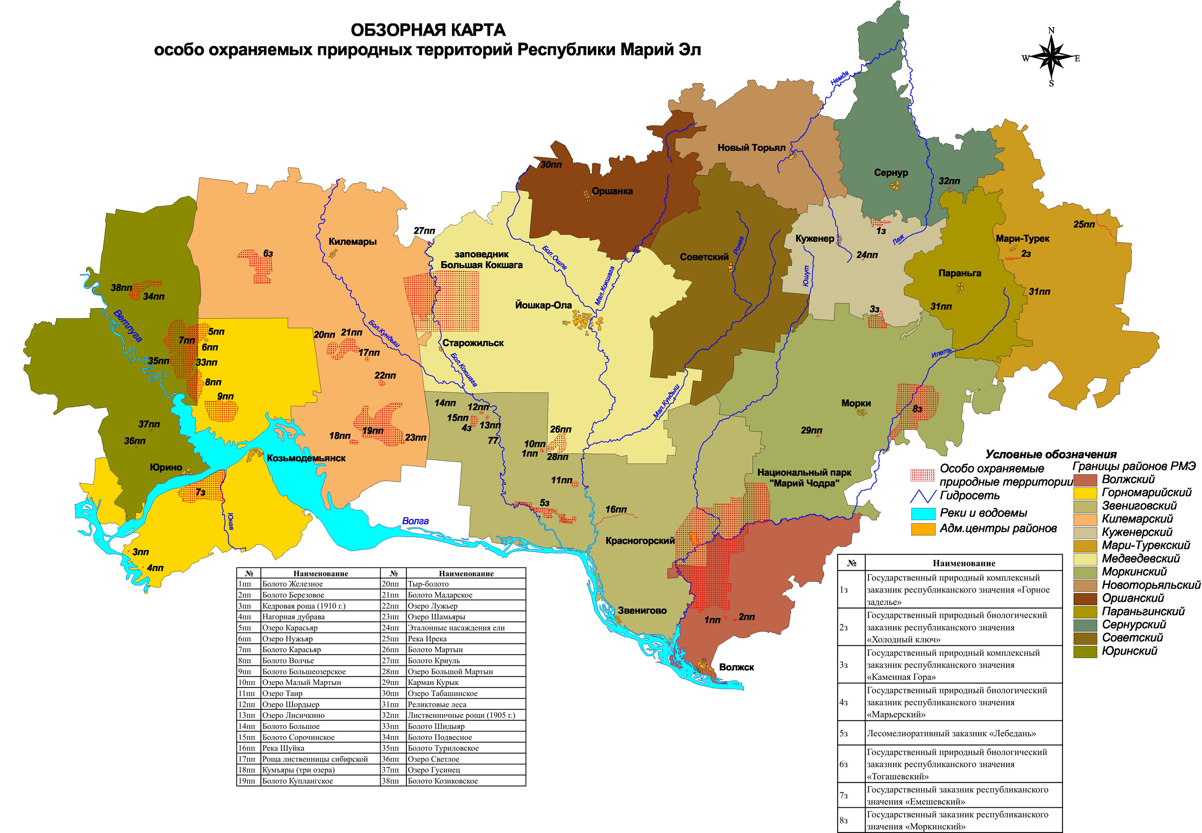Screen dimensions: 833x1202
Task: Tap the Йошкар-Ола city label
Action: coord(543,305)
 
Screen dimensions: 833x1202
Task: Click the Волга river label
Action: coord(415,521)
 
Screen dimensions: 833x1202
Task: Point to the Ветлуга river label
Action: coord(127,326)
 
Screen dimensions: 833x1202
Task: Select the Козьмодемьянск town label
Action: coord(306,458)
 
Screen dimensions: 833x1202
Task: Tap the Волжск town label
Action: coord(736,667)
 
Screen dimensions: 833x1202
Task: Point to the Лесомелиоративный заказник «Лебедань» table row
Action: coord(951,733)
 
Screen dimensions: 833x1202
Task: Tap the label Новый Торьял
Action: coord(751,148)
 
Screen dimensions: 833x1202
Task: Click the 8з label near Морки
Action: coord(917,409)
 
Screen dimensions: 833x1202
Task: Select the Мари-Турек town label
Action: coord(1022,239)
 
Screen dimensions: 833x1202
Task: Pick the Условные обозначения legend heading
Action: coord(1051,454)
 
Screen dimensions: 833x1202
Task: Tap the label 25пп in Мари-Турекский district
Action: coord(1084,225)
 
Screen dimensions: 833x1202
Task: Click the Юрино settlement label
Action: coord(166,468)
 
